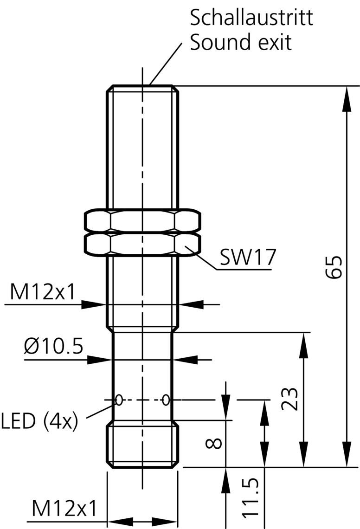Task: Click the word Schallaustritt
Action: (x=251, y=18)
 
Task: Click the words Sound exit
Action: (x=241, y=43)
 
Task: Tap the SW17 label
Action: (x=247, y=258)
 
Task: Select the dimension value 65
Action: (x=334, y=267)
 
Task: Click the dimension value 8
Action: (x=213, y=444)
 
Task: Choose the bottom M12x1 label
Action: (x=64, y=509)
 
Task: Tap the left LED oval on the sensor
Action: (x=119, y=399)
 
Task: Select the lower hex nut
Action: (x=143, y=245)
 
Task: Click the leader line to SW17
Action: (x=202, y=258)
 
